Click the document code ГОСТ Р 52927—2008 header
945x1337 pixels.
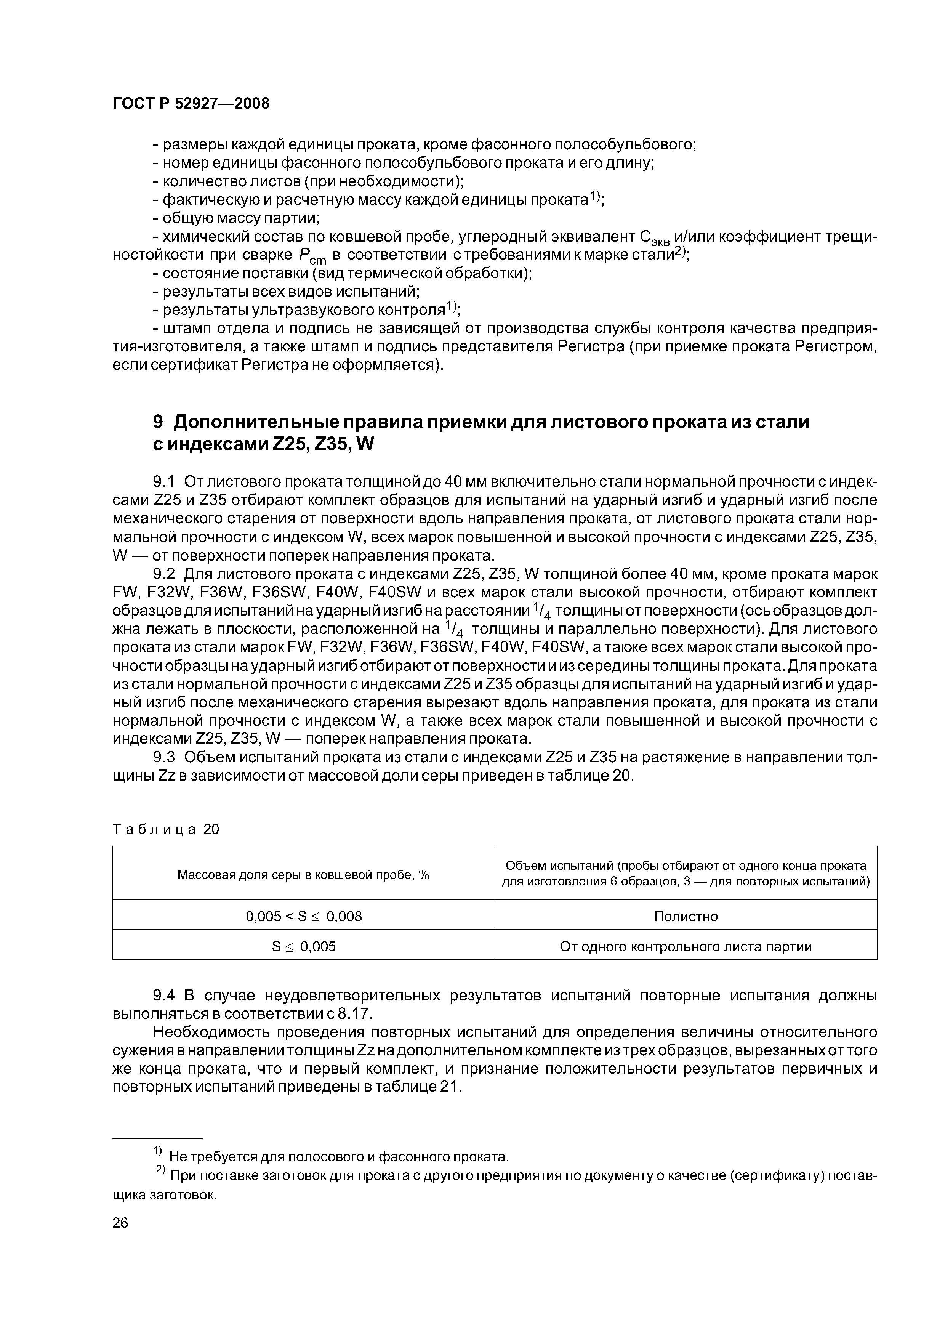191,104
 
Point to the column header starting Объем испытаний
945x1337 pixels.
685,874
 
